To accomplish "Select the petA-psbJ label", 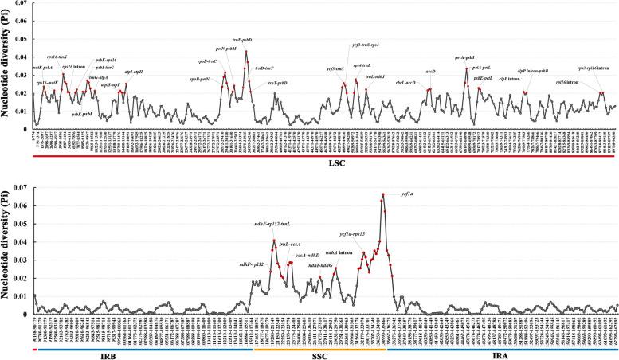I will pyautogui.click(x=464, y=57).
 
